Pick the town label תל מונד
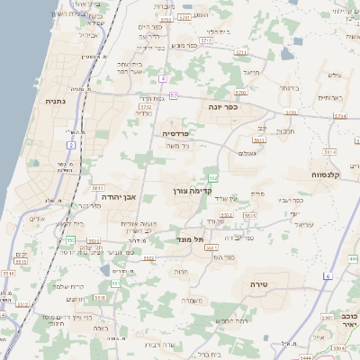coord(193,239)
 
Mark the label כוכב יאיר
coord(346,321)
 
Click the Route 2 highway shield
coord(70,144)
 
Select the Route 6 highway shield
coord(328,274)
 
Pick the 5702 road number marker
coord(145,105)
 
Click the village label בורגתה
coord(288,88)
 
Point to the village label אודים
coord(37,219)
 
